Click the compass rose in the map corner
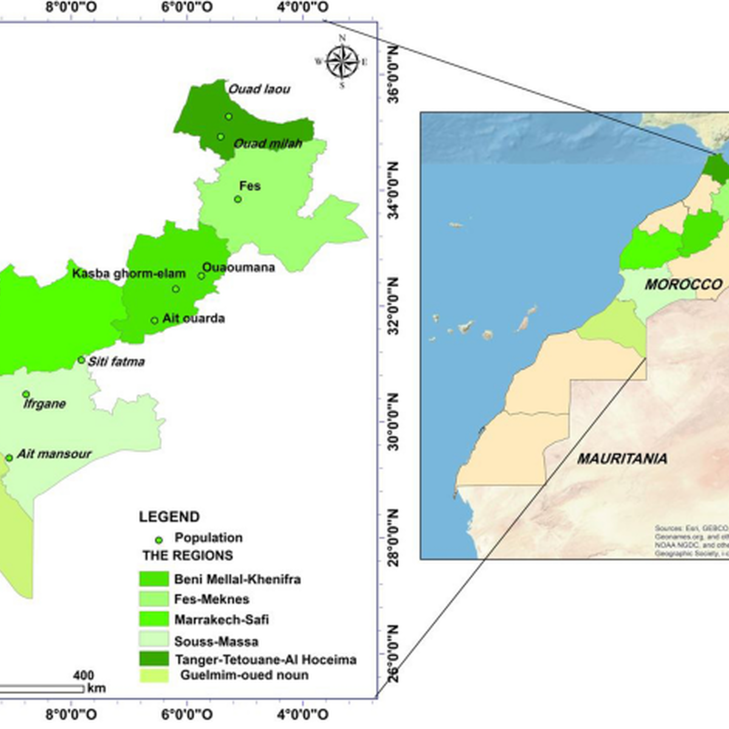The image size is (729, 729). coord(342,61)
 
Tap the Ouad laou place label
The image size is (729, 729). coord(259,89)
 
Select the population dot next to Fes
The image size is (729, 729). coord(238,199)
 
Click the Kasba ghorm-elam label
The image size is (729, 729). coord(129,273)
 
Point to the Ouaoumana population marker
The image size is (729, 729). coord(201,276)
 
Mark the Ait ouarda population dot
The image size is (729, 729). coord(154,321)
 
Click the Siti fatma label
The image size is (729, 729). coord(117,361)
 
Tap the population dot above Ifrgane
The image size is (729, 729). coord(26,394)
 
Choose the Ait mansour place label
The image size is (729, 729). coord(54,454)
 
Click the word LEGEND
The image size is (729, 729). coord(169,517)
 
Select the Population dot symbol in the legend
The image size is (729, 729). coord(159,539)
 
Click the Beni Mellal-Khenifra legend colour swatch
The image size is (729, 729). coord(154,579)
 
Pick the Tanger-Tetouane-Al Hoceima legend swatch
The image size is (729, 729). coord(154,659)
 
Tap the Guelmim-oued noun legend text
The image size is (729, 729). coord(244,675)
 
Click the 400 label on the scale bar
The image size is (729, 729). coord(83,676)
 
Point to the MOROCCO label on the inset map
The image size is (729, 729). coord(683,284)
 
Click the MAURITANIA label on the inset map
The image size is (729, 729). coord(621,459)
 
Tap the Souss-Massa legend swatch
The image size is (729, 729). coord(154,640)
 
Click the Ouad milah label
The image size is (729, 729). coord(268,143)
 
